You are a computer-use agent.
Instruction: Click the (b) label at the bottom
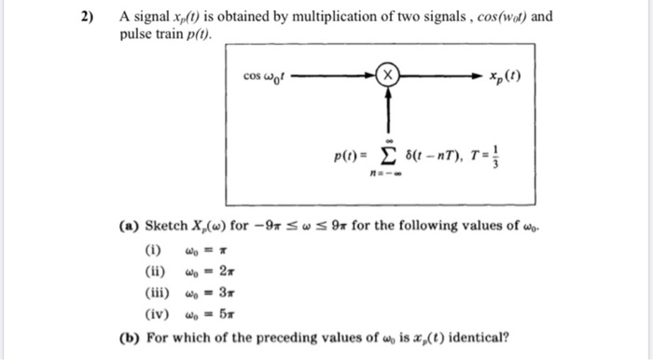coord(130,337)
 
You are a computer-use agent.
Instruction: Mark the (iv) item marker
coord(157,315)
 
